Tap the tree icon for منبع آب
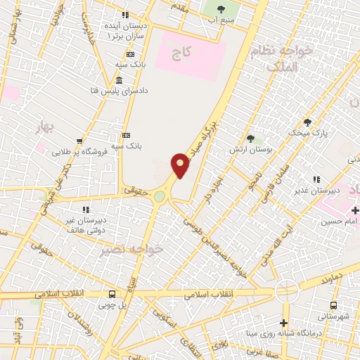[221, 9]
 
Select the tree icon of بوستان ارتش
[250, 138]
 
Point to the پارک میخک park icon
[307, 122]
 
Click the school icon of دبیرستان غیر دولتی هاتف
[85, 210]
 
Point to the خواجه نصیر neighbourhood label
[140, 250]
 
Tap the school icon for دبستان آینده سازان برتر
[125, 15]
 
